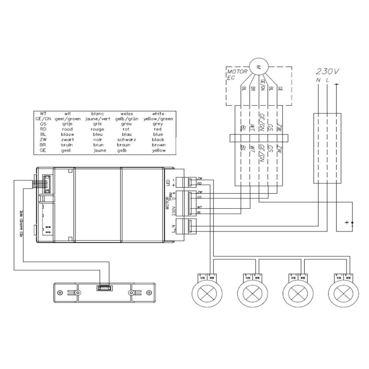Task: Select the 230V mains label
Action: (327, 72)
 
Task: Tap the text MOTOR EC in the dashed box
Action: (237, 75)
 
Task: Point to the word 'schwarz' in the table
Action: (127, 140)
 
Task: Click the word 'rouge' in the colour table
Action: (97, 129)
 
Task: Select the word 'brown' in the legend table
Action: (158, 145)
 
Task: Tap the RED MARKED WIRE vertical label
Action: (22, 224)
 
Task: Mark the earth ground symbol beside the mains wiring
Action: (347, 222)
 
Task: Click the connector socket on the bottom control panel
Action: (105, 288)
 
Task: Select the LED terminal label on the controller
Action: (168, 183)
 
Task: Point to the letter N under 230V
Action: (318, 80)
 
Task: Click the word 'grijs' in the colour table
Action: (67, 124)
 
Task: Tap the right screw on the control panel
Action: (149, 292)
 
